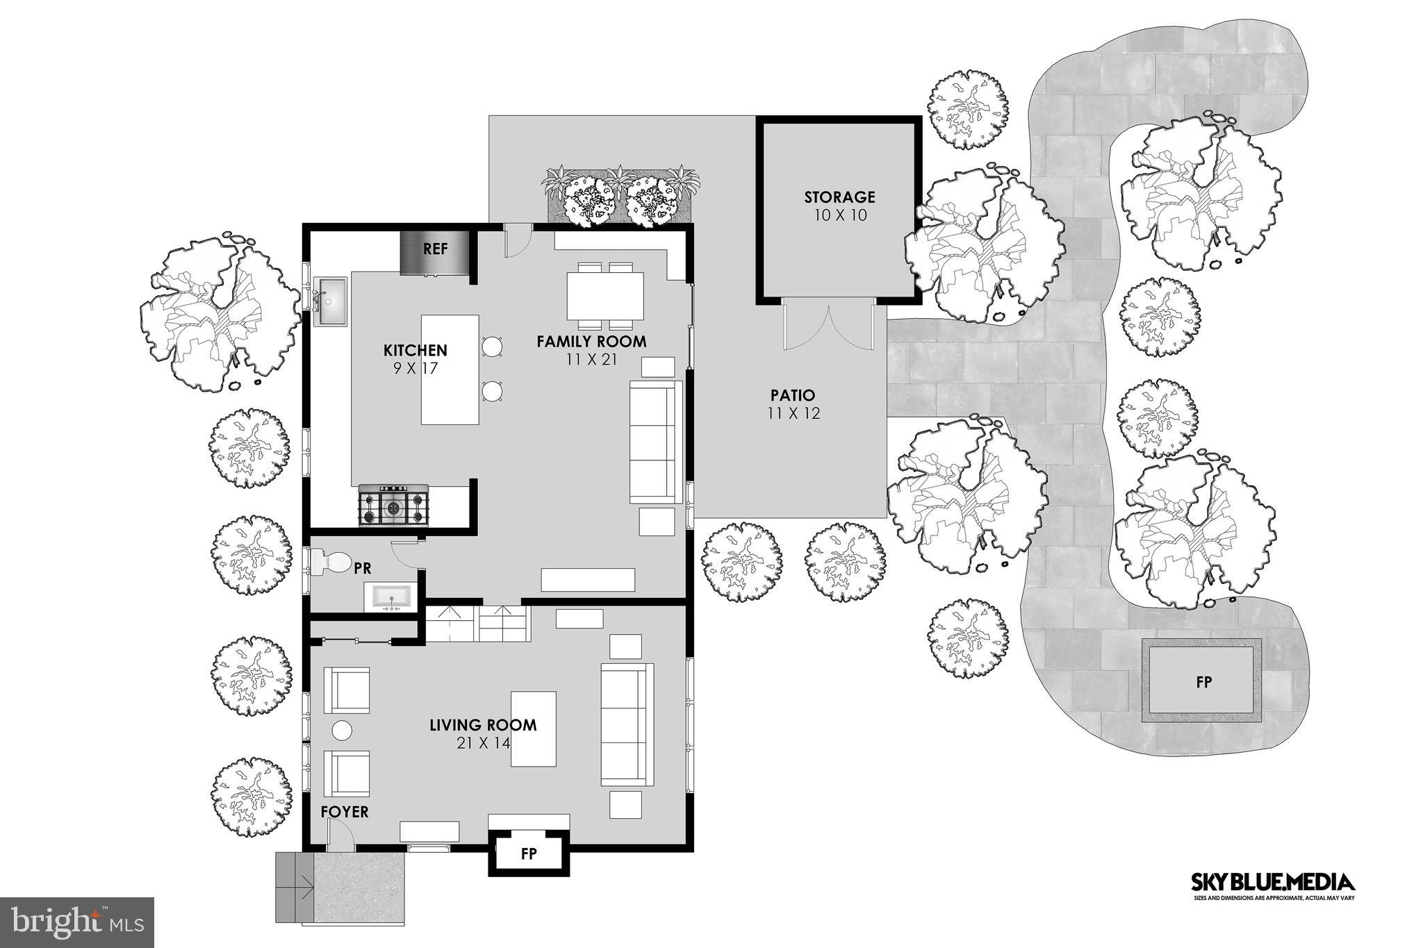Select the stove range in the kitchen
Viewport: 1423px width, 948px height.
tap(394, 505)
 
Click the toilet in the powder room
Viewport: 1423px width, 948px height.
tap(331, 562)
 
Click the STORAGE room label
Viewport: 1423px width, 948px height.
tap(839, 197)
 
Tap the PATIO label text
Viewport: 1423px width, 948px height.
tap(793, 395)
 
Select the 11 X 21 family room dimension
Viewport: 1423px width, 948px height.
tap(591, 360)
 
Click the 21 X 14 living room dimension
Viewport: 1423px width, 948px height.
tap(483, 743)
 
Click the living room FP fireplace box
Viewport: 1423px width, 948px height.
tap(528, 854)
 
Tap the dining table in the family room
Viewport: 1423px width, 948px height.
tap(605, 296)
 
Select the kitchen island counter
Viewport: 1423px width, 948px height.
tap(450, 369)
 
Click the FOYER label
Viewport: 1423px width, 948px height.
tap(345, 812)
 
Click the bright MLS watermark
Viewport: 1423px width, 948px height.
tap(76, 922)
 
